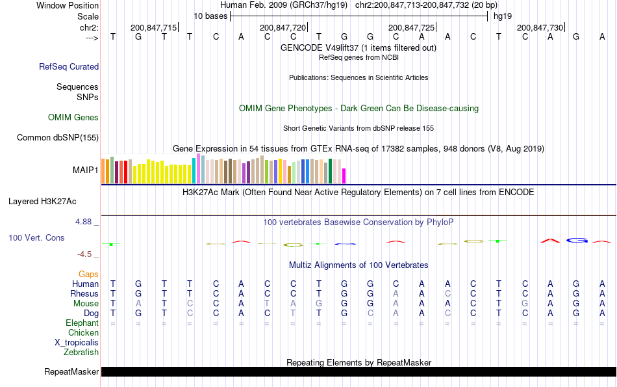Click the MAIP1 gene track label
pos(86,170)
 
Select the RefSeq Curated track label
pos(69,66)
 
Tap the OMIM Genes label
pos(73,118)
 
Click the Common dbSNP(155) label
pos(58,137)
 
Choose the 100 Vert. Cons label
pos(36,238)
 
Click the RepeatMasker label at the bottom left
pos(71,372)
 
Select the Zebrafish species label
pos(81,353)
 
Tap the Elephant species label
pos(82,323)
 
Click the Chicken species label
pos(83,333)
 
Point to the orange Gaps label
pos(88,274)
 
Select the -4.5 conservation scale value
pos(86,254)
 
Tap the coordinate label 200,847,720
pos(283,27)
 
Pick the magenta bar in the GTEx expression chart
pos(344,176)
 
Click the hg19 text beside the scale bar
pos(503,16)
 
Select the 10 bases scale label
pos(210,16)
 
